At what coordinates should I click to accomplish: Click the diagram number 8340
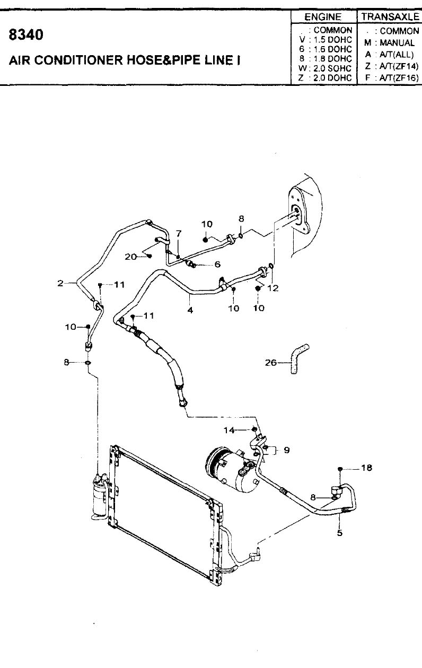(x=26, y=34)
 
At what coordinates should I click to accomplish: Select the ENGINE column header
(x=323, y=17)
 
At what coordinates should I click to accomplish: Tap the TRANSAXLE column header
(x=390, y=17)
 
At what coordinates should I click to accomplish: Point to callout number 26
(x=271, y=363)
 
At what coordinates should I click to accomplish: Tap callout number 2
(x=60, y=283)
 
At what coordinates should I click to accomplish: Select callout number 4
(x=190, y=310)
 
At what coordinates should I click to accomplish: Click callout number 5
(x=340, y=533)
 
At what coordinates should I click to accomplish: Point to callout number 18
(x=366, y=468)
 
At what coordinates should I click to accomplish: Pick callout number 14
(x=229, y=430)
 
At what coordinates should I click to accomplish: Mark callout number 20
(x=130, y=257)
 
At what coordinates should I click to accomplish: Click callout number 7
(x=178, y=233)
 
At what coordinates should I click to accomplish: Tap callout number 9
(x=287, y=450)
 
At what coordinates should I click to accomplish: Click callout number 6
(x=217, y=264)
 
